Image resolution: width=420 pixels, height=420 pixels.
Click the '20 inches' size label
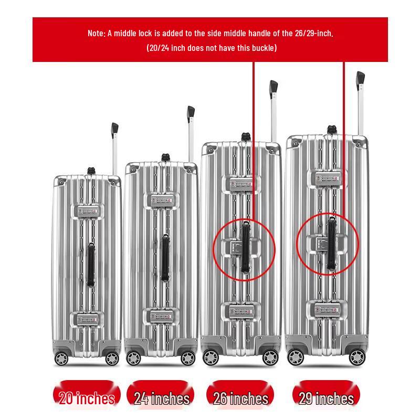(87, 398)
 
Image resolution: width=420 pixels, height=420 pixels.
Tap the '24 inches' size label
(162, 398)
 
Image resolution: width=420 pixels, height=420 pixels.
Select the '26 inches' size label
(241, 398)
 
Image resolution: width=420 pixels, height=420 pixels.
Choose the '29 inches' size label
(326, 398)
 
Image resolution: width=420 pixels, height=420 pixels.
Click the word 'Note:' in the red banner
(97, 34)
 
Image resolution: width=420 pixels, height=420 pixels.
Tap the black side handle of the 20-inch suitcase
(91, 265)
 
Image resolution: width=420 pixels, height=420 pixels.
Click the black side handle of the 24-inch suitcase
(165, 258)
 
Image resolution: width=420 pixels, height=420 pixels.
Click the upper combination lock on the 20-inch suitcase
(87, 212)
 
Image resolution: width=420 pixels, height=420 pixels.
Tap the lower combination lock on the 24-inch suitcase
(161, 317)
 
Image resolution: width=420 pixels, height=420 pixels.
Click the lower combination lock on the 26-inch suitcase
(241, 311)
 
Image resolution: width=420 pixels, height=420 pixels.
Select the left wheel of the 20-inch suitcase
(61, 359)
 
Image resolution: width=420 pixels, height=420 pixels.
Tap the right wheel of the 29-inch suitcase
(358, 358)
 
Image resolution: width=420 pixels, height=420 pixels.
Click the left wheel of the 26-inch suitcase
(211, 358)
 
